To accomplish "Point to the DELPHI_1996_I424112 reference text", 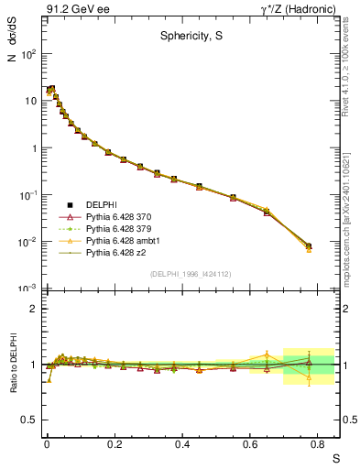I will [191, 273].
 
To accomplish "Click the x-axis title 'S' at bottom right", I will [335, 458].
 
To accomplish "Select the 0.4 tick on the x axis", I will [182, 442].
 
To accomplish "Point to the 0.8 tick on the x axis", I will [318, 442].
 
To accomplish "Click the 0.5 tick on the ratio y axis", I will [31, 420].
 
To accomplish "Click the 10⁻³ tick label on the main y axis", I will [28, 289].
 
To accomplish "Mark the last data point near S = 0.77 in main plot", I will [309, 246].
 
